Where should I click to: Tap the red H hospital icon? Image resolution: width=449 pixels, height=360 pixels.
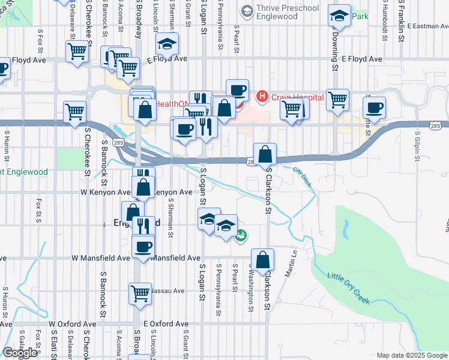pos(262,96)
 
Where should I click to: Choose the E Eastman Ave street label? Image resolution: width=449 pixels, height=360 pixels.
pos(427,26)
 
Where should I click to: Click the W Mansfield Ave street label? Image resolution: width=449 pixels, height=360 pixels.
pos(101,257)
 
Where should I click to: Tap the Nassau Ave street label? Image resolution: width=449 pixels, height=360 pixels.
pos(167,290)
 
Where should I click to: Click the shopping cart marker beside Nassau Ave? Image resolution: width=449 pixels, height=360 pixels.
pos(140,293)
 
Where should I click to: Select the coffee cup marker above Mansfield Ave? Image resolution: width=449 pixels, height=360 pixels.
pos(143,246)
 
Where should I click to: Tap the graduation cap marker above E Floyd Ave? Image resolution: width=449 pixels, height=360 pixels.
pos(167,43)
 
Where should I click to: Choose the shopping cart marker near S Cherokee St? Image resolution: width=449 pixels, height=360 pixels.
pos(75,111)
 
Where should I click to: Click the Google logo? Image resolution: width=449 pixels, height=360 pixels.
pos(20,353)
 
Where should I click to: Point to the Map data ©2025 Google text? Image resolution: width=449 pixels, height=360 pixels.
pos(412,355)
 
